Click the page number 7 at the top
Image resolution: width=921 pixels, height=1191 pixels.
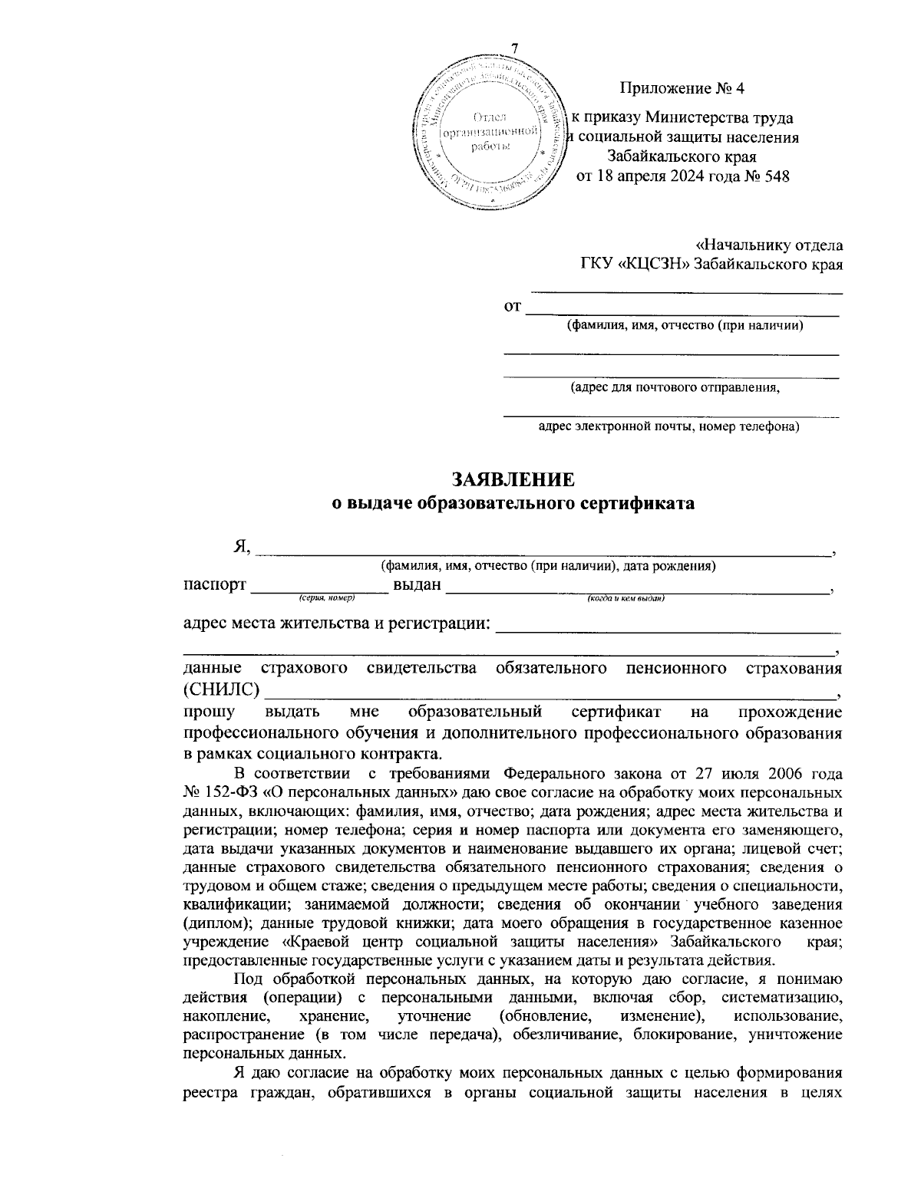(x=515, y=48)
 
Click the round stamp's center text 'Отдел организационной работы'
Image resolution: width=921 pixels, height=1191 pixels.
(x=490, y=131)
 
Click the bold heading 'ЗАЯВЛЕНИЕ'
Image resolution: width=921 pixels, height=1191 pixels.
(x=513, y=480)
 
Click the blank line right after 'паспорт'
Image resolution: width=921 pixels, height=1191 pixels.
(x=320, y=587)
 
